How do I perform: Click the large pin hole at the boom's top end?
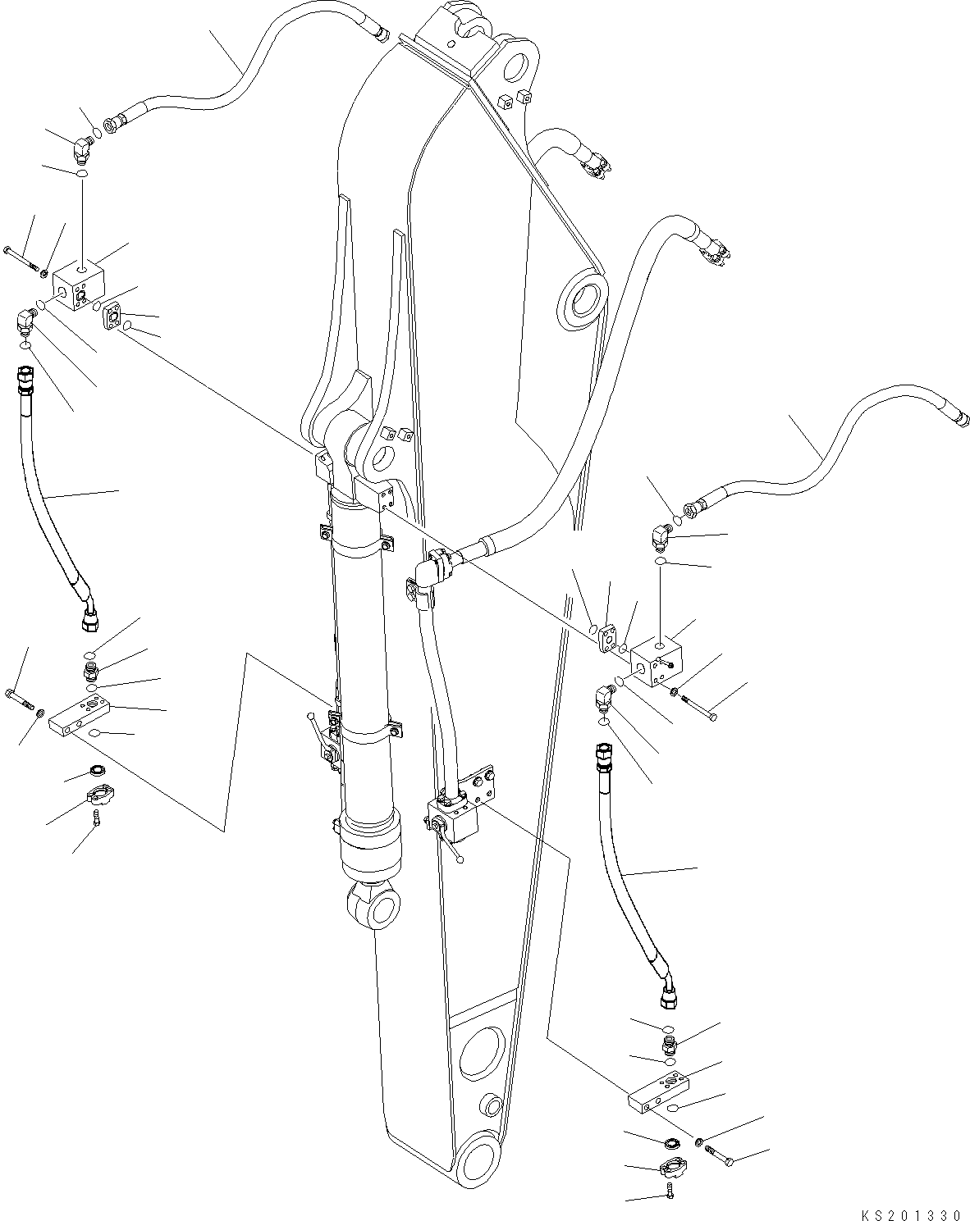[x=518, y=65]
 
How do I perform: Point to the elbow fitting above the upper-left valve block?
[x=82, y=149]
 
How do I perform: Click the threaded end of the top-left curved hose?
[x=380, y=34]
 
